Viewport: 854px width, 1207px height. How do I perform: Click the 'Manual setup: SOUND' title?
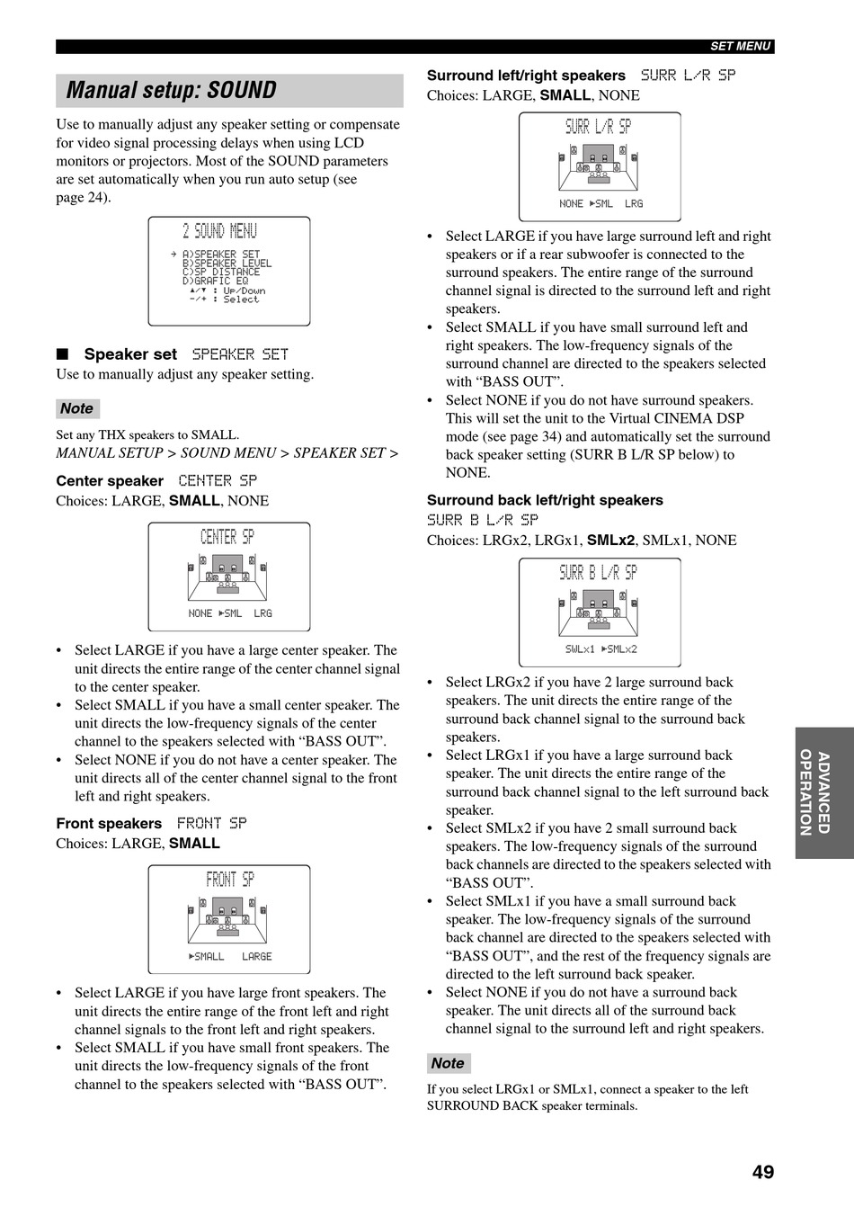pyautogui.click(x=172, y=91)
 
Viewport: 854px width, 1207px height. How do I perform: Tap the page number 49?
pyautogui.click(x=762, y=1171)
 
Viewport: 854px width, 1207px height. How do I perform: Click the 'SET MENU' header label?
pyautogui.click(x=740, y=46)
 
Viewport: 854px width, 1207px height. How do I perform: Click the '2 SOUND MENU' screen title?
pyautogui.click(x=219, y=232)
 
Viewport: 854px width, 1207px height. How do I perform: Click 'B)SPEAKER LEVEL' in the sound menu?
pyautogui.click(x=227, y=264)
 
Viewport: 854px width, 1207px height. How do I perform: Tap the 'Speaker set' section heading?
pyautogui.click(x=130, y=354)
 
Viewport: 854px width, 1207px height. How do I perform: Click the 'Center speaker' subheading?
pyautogui.click(x=110, y=481)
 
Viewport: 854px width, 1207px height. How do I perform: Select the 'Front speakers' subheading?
pyautogui.click(x=109, y=824)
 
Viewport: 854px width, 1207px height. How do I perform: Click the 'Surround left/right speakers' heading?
pyautogui.click(x=526, y=76)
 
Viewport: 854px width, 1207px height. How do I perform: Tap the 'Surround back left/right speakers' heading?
pyautogui.click(x=545, y=500)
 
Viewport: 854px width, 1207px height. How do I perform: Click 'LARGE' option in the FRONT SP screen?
pyautogui.click(x=256, y=956)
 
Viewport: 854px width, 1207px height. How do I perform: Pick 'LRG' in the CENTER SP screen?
pyautogui.click(x=262, y=613)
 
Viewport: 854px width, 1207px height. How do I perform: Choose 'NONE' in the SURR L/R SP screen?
pyautogui.click(x=571, y=204)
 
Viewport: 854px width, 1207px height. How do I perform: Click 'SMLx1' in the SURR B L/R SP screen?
pyautogui.click(x=580, y=648)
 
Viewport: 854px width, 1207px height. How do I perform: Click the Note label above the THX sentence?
pyautogui.click(x=76, y=408)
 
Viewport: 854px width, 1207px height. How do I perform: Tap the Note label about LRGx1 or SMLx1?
pyautogui.click(x=448, y=1063)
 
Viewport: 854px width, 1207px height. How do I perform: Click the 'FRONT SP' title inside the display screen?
pyautogui.click(x=230, y=880)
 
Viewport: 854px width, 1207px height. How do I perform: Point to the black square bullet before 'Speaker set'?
pyautogui.click(x=62, y=354)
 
